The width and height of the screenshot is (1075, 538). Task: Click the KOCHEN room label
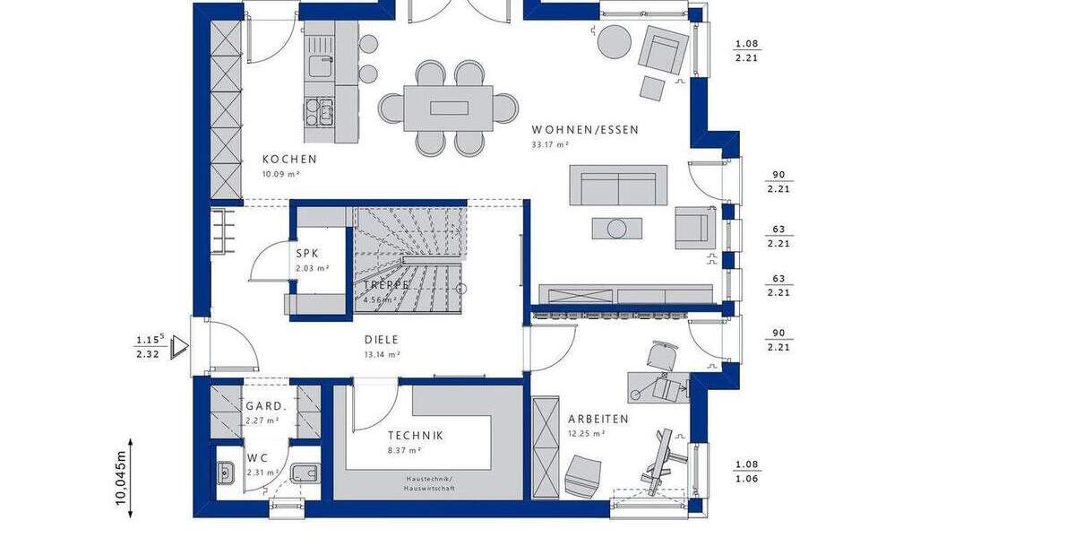(289, 160)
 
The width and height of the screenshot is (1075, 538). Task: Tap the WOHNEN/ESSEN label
(585, 130)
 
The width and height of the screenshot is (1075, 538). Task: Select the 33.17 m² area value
(550, 144)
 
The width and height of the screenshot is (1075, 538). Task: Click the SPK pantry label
(307, 254)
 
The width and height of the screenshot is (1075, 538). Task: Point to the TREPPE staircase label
(386, 284)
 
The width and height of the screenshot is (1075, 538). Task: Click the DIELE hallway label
(381, 340)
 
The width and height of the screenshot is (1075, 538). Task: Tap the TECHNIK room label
(415, 436)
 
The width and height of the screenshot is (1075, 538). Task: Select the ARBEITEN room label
(598, 419)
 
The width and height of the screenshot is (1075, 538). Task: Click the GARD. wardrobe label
(265, 406)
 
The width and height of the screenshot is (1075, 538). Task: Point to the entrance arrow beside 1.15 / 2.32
(183, 344)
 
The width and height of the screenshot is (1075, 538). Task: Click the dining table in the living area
(448, 108)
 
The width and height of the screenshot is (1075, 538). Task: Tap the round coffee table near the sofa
(616, 229)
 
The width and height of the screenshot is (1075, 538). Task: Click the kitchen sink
(321, 64)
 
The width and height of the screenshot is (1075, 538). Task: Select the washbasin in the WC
(226, 471)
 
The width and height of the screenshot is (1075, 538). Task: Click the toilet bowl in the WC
(303, 473)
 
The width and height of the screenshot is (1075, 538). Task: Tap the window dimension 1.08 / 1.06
(746, 472)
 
